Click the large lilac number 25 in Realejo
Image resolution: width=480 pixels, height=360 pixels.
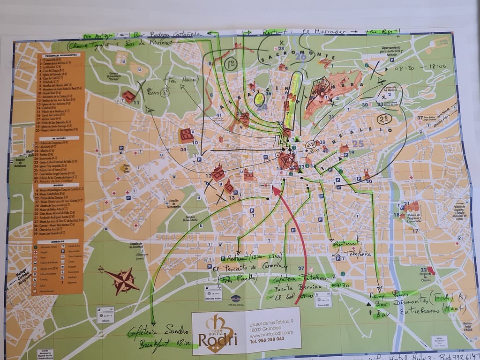[x=358, y=144]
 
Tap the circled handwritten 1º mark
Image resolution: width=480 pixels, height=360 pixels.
[x=231, y=63]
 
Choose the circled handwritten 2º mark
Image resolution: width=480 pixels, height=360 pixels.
[x=386, y=118]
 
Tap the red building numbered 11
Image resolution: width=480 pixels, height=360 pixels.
[x=128, y=97]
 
